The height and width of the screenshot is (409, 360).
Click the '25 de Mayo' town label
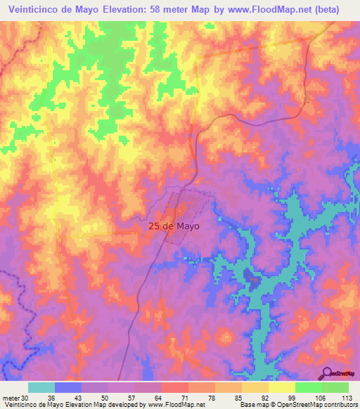pos(174,227)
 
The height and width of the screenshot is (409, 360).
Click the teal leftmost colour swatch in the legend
pos(41,387)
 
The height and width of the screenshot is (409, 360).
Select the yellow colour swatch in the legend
pos(282,387)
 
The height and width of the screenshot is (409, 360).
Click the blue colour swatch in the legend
pos(68,387)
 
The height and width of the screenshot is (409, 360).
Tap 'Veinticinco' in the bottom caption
pos(20,404)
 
